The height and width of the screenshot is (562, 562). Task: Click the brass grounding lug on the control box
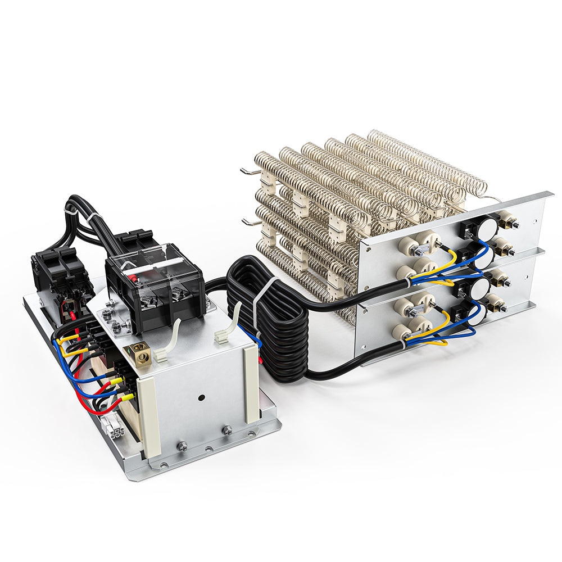click(138, 352)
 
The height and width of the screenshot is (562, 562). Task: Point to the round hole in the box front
click(201, 398)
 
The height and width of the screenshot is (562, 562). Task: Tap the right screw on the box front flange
click(228, 430)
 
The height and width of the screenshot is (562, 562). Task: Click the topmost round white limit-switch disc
click(487, 226)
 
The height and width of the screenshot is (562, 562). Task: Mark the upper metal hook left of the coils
click(247, 170)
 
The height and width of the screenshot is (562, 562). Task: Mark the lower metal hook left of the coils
click(250, 220)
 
